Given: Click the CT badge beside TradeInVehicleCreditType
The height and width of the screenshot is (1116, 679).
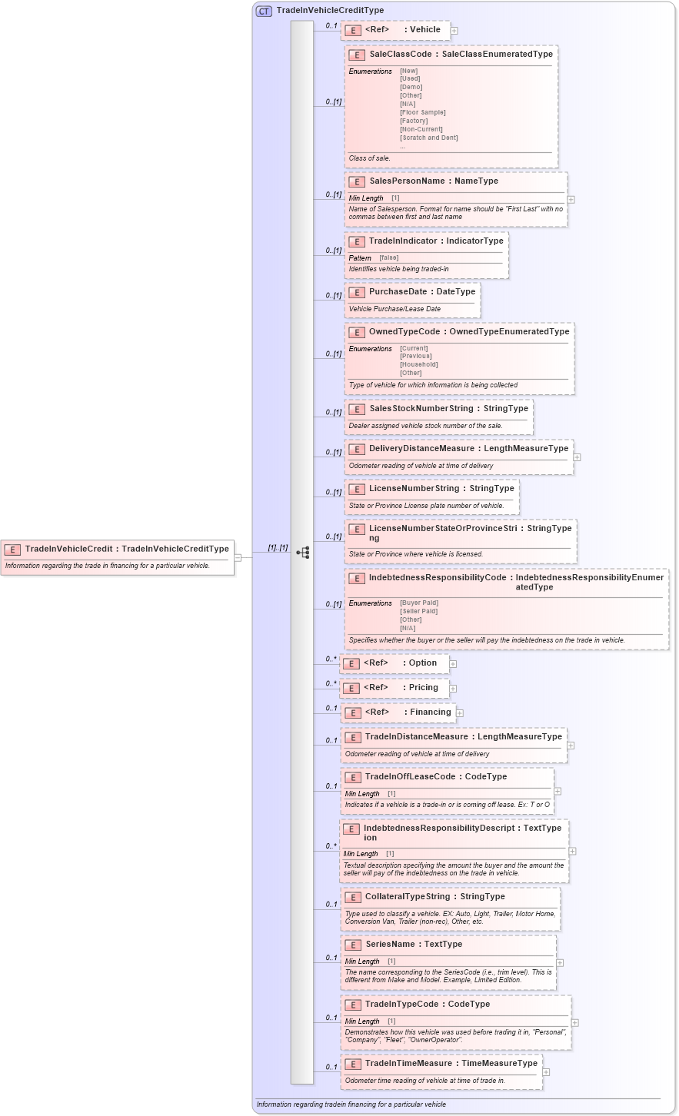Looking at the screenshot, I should click(264, 11).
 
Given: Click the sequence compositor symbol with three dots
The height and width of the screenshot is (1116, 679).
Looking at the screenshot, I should click(302, 552).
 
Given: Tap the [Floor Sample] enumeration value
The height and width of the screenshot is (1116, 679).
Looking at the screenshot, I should click(422, 112).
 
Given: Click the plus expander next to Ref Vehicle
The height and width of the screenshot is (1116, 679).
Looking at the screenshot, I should click(454, 31).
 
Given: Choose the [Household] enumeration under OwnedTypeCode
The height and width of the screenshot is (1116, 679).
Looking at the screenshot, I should click(418, 364).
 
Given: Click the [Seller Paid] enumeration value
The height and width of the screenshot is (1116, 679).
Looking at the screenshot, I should click(418, 611).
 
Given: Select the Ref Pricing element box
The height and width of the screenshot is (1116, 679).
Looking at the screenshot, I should click(395, 688).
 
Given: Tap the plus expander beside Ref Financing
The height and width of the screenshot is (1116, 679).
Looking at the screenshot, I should click(460, 713).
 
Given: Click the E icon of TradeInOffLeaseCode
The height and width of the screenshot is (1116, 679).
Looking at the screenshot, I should click(352, 777).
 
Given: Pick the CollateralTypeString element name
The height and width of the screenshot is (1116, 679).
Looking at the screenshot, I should click(407, 897).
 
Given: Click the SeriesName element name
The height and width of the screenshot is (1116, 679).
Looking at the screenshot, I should click(390, 945).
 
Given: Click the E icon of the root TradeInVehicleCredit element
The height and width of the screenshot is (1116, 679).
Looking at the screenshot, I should click(12, 549).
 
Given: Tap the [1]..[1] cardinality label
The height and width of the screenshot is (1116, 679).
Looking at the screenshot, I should click(278, 548).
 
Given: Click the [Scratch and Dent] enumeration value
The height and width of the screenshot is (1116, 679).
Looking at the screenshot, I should click(428, 138).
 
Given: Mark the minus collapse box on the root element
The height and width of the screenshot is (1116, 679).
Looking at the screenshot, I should click(238, 557).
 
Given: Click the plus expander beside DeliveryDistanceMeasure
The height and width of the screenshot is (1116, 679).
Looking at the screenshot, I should click(577, 457).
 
